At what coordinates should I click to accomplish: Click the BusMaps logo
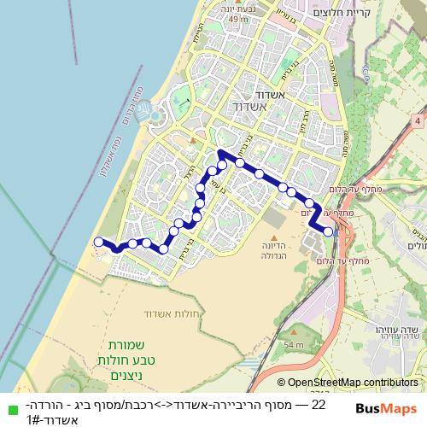click(x=386, y=409)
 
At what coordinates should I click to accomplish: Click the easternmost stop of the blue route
click(x=328, y=231)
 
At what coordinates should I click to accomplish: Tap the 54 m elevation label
click(x=295, y=344)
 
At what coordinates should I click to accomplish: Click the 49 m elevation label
click(x=237, y=19)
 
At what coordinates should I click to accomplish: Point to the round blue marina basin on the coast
click(x=144, y=110)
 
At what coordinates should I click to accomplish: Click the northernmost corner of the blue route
click(x=220, y=154)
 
